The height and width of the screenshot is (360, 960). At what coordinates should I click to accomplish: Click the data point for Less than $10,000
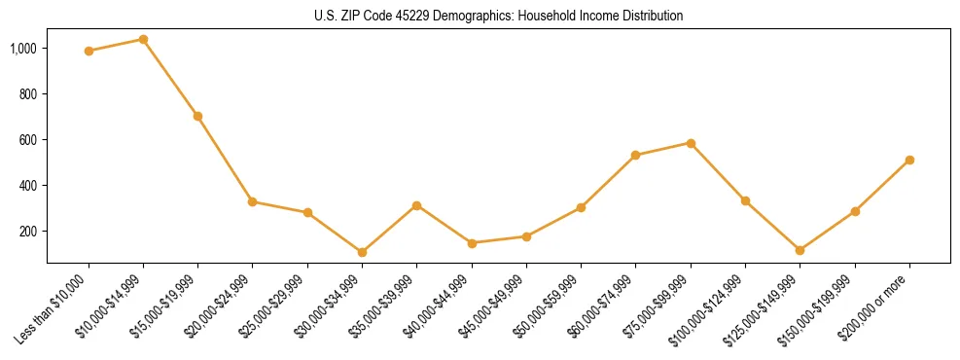pyautogui.click(x=89, y=51)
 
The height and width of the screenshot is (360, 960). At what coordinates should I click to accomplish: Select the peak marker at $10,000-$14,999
pyautogui.click(x=143, y=39)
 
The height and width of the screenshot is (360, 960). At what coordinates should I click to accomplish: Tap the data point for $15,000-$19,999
pyautogui.click(x=197, y=116)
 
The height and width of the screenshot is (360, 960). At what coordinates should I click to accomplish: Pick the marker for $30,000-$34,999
pyautogui.click(x=362, y=252)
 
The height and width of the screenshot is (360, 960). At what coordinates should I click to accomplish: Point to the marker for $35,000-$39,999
pyautogui.click(x=416, y=205)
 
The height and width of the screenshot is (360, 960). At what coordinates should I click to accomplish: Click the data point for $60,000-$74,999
pyautogui.click(x=635, y=155)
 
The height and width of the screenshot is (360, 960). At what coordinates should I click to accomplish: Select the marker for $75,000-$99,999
pyautogui.click(x=691, y=143)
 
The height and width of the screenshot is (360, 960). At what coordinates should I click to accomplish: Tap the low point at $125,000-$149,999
pyautogui.click(x=800, y=250)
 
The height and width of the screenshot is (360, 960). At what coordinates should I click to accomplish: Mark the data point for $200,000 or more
pyautogui.click(x=909, y=160)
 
